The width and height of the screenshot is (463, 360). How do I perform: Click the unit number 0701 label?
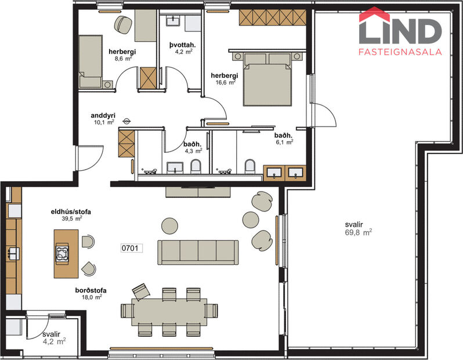131,248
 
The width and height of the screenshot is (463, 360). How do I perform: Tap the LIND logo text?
400,31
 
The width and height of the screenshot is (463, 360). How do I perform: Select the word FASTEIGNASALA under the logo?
400,52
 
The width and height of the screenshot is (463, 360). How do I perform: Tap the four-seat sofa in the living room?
199,251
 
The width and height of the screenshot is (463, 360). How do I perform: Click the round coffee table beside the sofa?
169,225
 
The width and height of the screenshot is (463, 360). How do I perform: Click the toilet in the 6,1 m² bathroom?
249,167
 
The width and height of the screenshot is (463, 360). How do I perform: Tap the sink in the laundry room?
173,22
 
